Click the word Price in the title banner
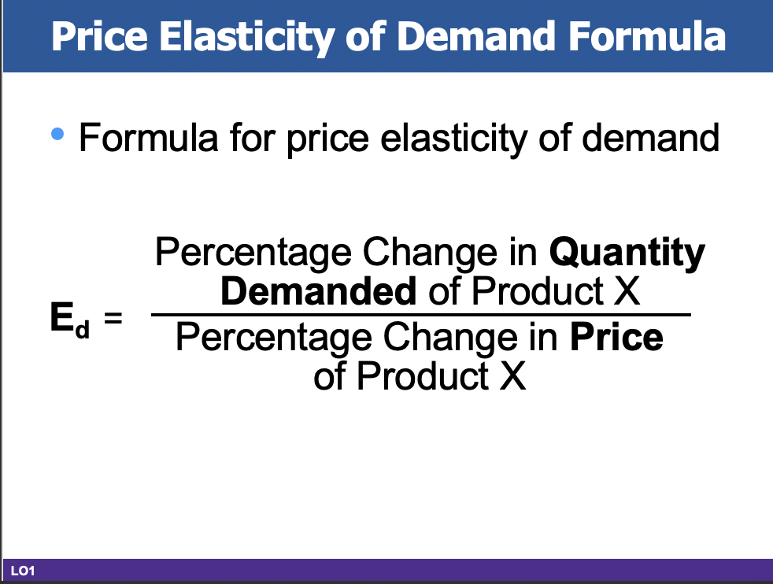point(100,36)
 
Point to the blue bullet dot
point(56,135)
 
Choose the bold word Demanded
point(319,292)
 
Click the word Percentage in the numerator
point(252,254)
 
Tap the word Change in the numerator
point(415,254)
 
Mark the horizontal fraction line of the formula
point(420,315)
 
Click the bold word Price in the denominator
point(616,338)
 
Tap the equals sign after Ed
point(115,320)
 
